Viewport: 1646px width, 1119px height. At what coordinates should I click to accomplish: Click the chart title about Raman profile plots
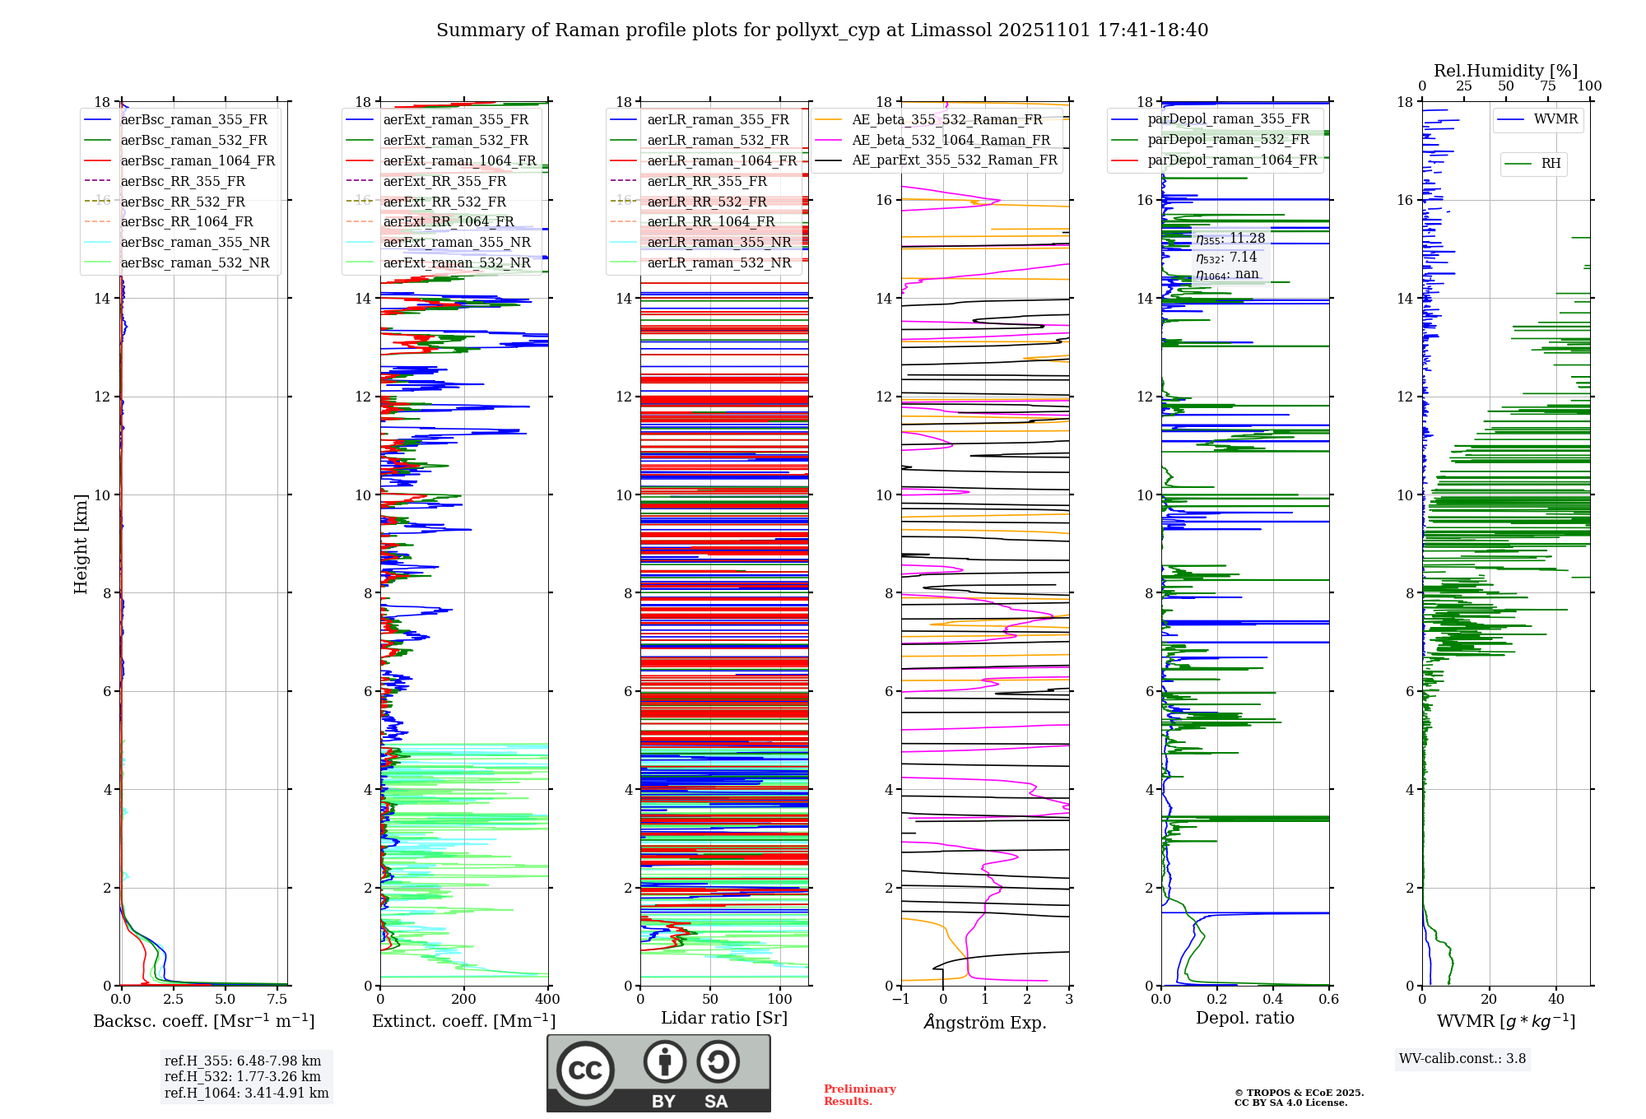822,30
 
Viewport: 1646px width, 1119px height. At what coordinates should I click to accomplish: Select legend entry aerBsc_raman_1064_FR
198,160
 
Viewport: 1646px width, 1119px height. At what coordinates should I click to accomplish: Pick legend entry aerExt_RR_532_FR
444,202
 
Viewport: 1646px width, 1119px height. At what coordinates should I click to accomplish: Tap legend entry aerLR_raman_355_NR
718,242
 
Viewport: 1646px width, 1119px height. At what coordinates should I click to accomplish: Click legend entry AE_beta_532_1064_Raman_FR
951,140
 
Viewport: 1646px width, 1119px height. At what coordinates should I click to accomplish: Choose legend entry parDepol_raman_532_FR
1228,139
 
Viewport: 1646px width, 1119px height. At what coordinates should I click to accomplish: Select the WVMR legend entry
1555,119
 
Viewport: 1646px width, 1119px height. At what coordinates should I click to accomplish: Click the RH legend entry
1551,164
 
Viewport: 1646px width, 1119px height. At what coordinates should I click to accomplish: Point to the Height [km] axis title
81,543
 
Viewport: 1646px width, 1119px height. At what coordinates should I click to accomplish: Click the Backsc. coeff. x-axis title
203,1021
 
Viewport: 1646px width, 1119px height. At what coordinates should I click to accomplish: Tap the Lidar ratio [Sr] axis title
724,1018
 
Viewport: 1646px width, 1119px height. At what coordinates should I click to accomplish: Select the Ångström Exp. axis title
985,1023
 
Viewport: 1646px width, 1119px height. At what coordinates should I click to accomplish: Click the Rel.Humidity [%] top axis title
1505,71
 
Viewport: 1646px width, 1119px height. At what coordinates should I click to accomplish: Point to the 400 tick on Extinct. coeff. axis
547,1000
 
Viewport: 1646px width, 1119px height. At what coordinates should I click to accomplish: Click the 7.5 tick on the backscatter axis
277,1000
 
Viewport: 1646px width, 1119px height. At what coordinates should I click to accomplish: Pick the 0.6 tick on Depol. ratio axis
1328,1000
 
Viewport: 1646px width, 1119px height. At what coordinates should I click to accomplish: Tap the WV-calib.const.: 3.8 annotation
1462,1059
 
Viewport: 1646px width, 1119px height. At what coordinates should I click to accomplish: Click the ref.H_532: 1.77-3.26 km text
243,1076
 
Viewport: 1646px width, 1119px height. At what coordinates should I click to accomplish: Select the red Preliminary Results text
859,1095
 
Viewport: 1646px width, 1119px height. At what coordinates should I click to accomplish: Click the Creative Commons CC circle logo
585,1070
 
